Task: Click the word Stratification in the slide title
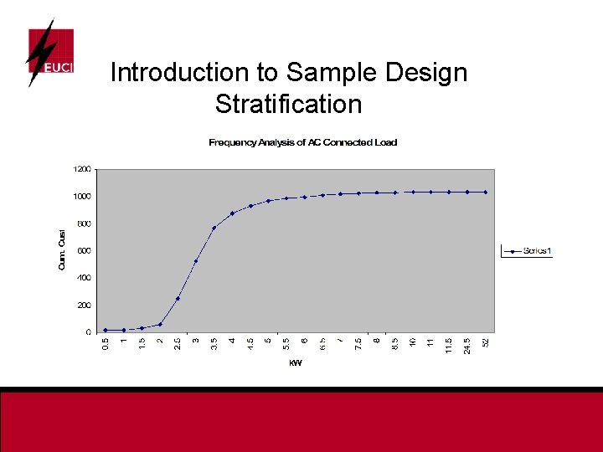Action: [288, 105]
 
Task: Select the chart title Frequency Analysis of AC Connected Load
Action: [302, 142]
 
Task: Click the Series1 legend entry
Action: [527, 250]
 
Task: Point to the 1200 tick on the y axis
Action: [82, 169]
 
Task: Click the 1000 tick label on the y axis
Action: [82, 197]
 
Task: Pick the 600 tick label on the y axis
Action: [84, 250]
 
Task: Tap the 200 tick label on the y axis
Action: [84, 305]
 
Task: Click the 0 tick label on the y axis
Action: [89, 332]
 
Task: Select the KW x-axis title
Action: [295, 363]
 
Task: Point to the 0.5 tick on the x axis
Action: [106, 343]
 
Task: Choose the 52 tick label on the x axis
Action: [486, 342]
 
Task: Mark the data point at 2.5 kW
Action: [178, 299]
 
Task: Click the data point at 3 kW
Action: [196, 261]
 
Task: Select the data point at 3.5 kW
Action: [214, 228]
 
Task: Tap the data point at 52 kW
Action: [486, 192]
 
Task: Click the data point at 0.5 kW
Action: [106, 330]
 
